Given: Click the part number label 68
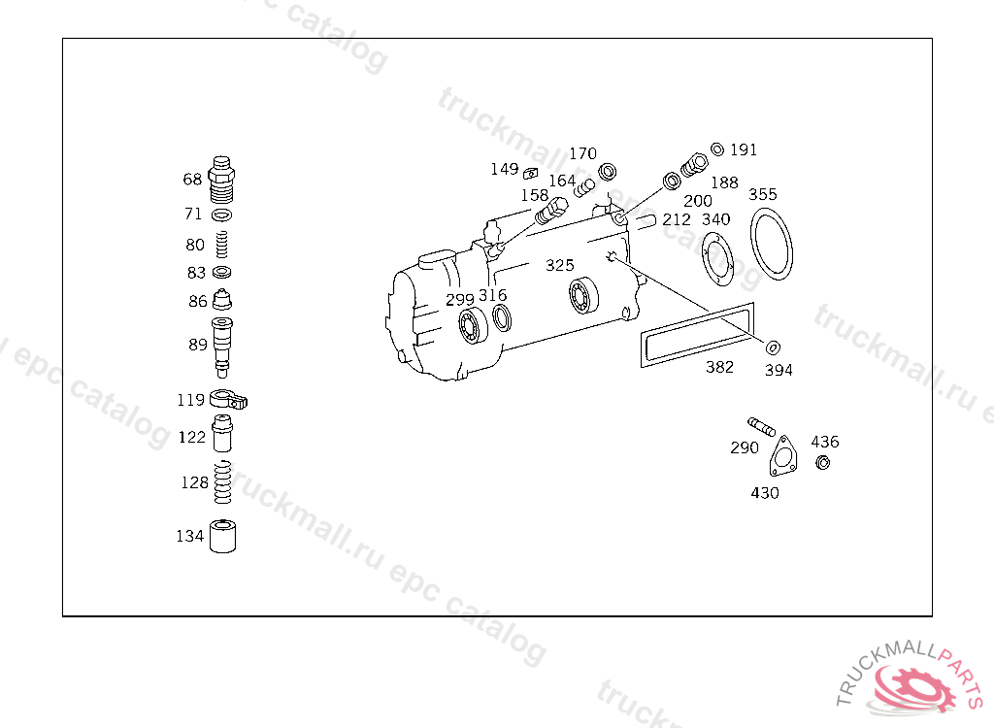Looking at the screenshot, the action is (x=192, y=180).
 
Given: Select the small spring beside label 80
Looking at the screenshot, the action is (x=222, y=245).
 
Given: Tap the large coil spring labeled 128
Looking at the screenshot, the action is (x=222, y=482).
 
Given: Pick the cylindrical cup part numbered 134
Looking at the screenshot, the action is (x=222, y=537).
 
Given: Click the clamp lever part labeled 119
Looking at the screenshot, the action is (x=228, y=400).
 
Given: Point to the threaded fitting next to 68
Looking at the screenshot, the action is (x=221, y=180).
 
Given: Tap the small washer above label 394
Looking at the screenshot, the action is (x=773, y=347).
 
